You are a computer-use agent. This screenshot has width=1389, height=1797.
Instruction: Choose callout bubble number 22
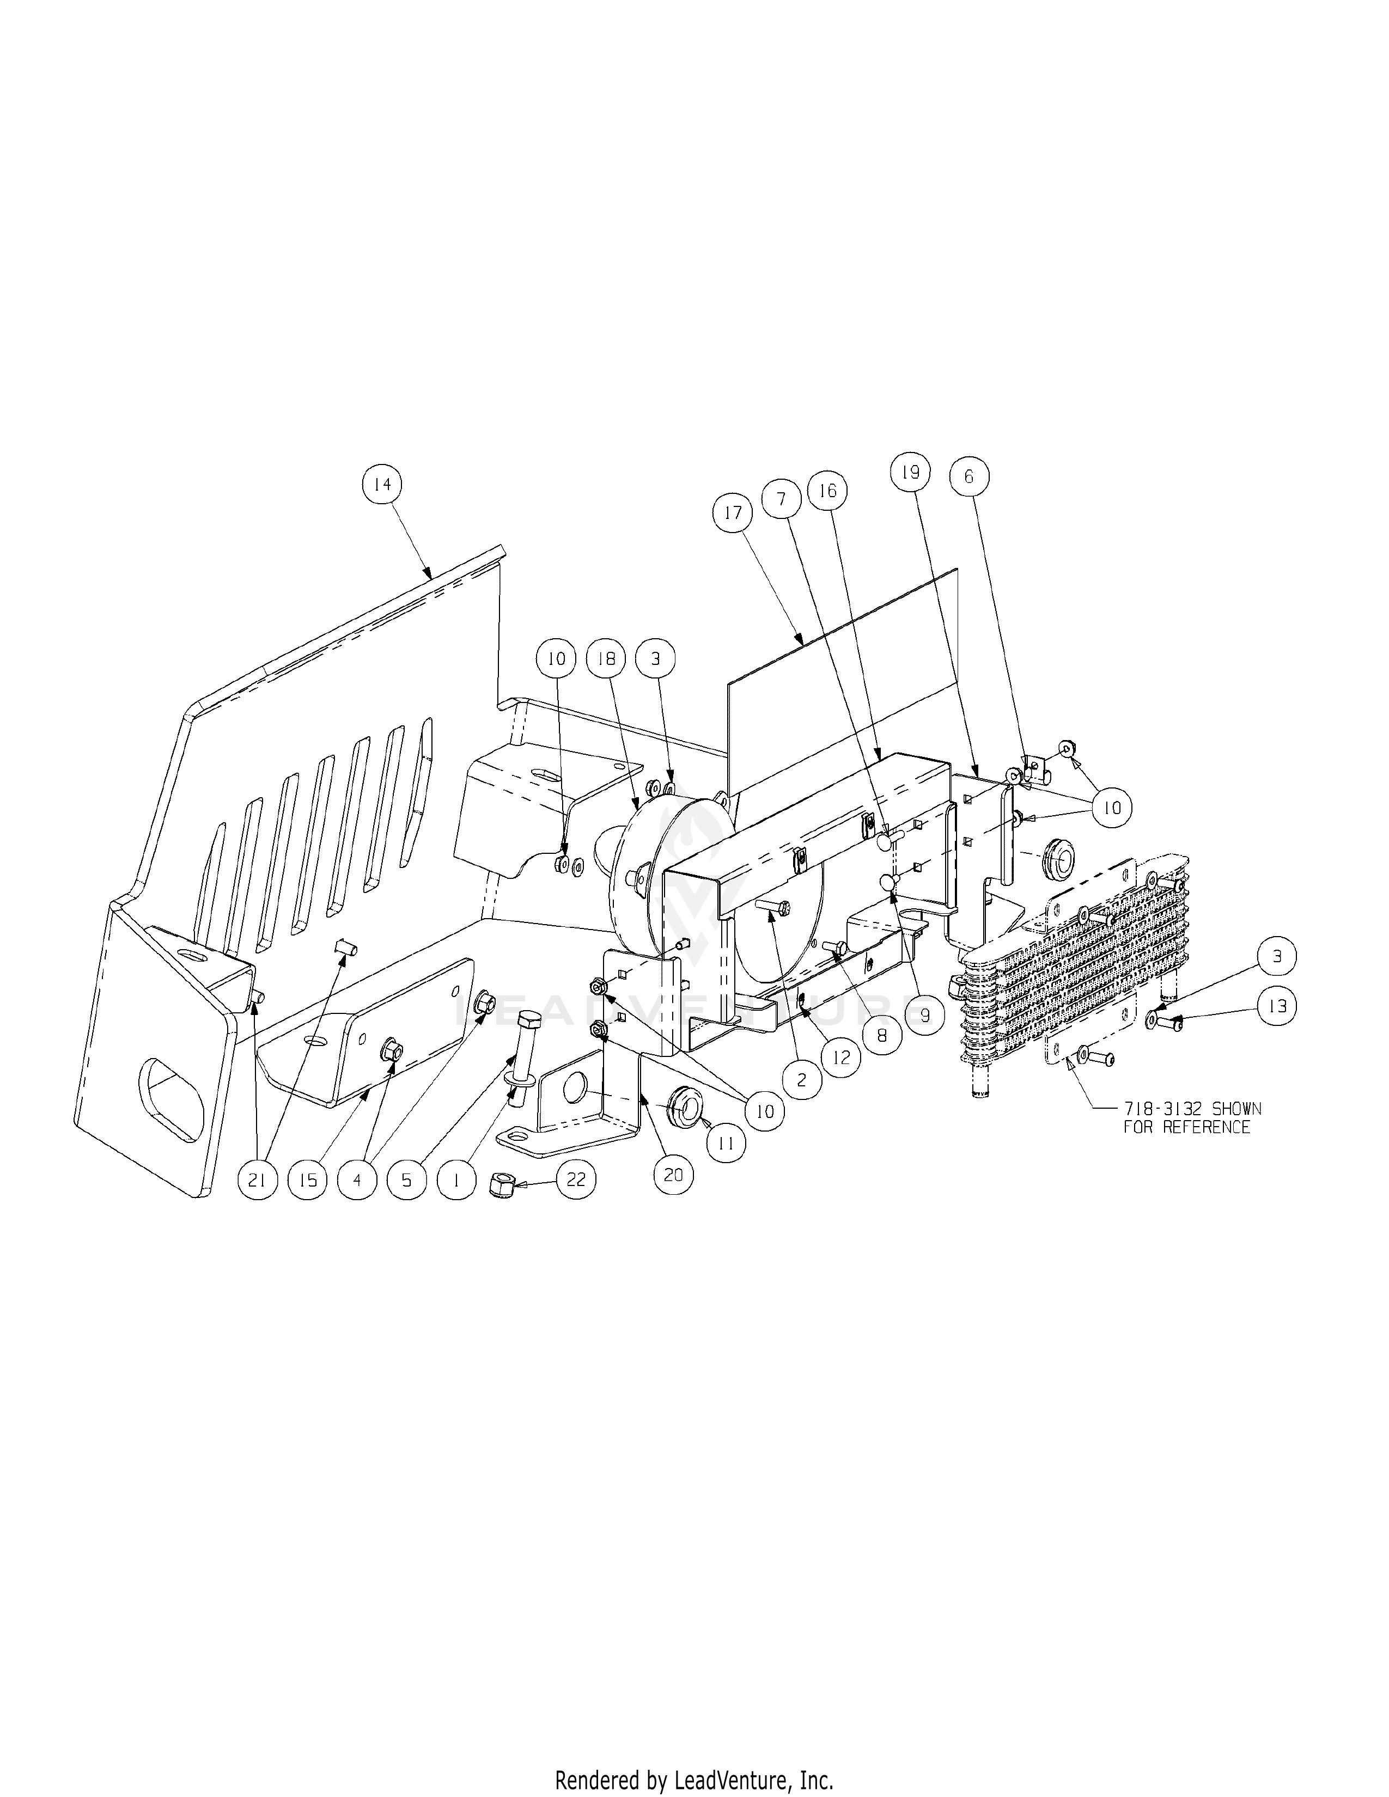575,1179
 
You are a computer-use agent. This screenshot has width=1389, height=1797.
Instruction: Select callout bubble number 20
673,1174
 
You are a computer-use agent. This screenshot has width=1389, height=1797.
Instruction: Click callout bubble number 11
726,1143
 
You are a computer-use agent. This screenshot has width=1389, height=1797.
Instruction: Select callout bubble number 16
827,491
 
